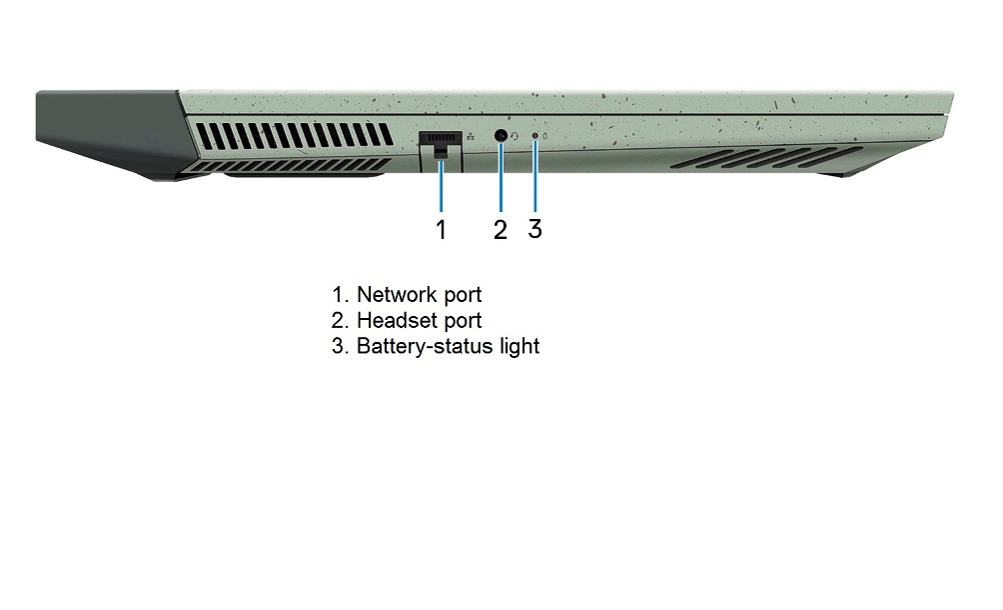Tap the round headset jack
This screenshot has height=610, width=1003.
point(501,136)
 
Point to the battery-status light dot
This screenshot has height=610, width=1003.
point(534,136)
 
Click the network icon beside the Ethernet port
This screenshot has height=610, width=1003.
point(471,136)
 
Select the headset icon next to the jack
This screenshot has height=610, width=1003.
point(514,136)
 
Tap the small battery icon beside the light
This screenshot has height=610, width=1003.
point(545,136)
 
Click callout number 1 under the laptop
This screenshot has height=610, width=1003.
point(441,229)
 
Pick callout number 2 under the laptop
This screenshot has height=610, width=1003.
point(501,229)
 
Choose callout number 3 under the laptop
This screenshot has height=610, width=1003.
point(534,229)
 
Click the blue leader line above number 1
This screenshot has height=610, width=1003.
point(441,186)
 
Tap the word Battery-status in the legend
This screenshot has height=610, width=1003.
point(425,346)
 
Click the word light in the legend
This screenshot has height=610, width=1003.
point(519,346)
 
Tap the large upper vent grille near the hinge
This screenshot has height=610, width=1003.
point(295,135)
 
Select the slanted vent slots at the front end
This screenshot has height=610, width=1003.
point(766,157)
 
